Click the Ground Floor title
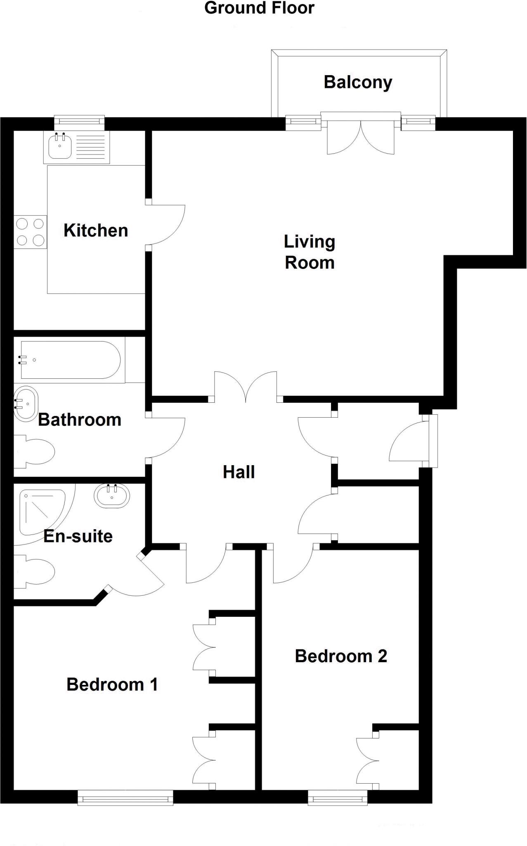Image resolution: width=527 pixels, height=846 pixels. pos(259,8)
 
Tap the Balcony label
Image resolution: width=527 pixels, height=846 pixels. pos(358,82)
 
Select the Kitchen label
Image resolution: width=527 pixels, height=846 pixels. pos(96,231)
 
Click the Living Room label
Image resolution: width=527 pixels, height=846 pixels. pos(310,252)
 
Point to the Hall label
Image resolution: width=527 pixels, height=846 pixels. pos(239,472)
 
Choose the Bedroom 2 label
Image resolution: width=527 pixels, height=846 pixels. pos(341,656)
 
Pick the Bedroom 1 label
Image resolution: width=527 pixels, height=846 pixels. pos(112,684)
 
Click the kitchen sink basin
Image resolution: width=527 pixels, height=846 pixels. pos(60,147)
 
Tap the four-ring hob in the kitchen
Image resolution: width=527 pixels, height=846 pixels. pos(30,232)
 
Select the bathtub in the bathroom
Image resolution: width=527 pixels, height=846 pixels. pos(70,360)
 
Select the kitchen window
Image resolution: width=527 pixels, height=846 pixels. pos(80,121)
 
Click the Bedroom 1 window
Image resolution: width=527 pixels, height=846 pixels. pos(125,797)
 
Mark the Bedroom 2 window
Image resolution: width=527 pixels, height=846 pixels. pos(338,797)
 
